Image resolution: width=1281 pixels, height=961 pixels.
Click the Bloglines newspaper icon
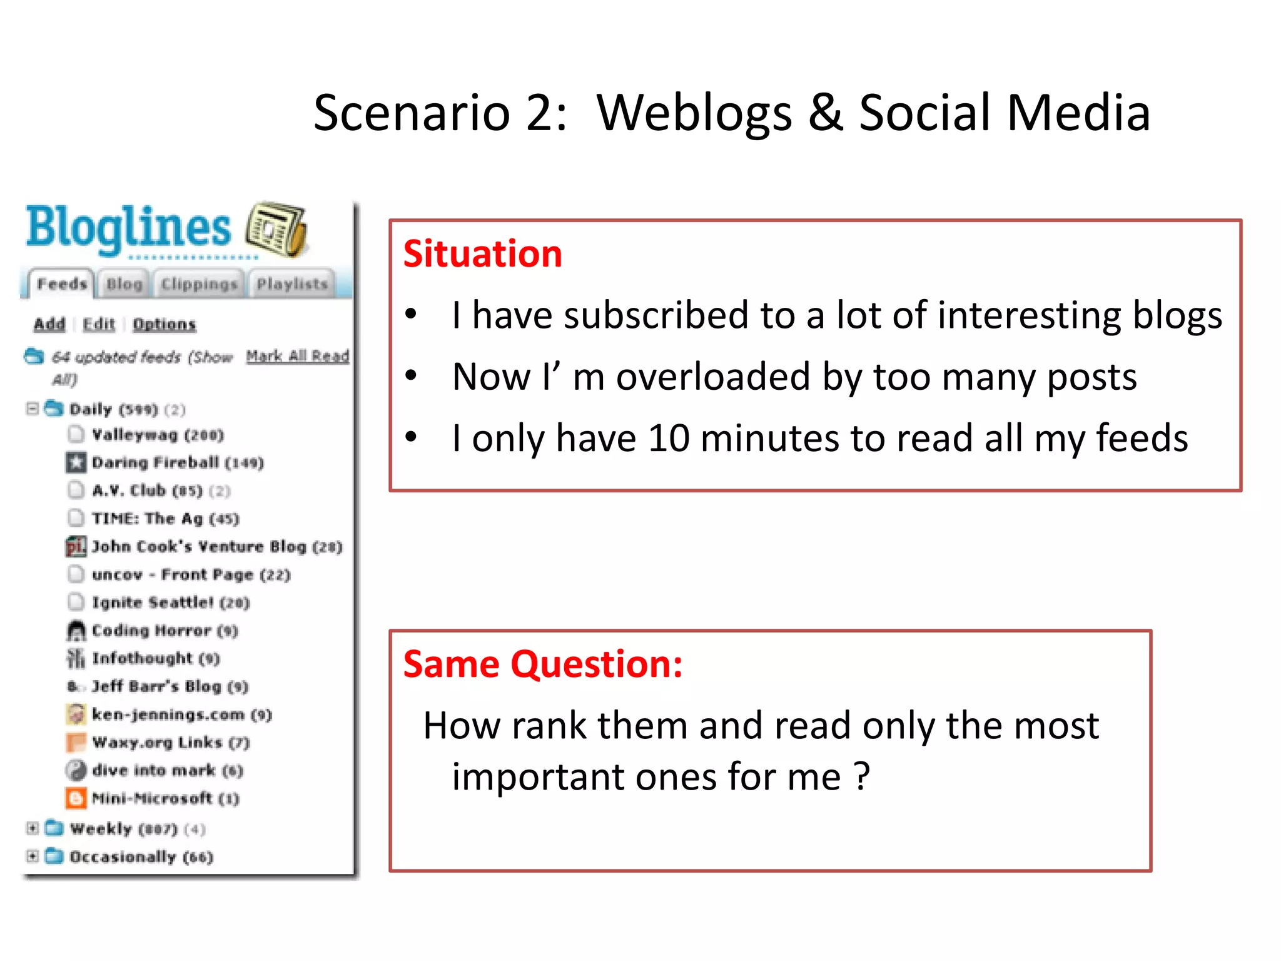[x=276, y=230]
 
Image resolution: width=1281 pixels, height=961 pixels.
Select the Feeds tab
[x=61, y=284]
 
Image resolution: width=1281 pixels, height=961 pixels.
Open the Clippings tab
[x=199, y=285]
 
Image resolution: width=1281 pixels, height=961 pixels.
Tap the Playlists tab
[x=292, y=285]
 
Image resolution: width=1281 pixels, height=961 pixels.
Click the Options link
[x=164, y=324]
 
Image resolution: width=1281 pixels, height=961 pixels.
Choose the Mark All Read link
[x=297, y=356]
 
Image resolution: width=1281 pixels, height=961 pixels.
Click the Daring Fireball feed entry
[x=177, y=463]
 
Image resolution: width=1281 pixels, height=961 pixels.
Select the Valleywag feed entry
[x=157, y=435]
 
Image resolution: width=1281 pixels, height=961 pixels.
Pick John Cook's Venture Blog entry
[x=216, y=547]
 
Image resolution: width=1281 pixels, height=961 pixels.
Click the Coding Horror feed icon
[x=76, y=631]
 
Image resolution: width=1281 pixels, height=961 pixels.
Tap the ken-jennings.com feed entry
[x=181, y=714]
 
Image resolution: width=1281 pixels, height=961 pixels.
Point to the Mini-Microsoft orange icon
[x=76, y=798]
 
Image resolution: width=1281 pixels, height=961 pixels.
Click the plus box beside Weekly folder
[x=33, y=829]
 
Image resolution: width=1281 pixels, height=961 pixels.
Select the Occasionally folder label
[x=141, y=857]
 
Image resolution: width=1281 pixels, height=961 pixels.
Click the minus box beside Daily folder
[x=33, y=409]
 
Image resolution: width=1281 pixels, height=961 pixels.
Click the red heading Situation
[x=482, y=254]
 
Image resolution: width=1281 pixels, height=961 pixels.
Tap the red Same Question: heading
[x=542, y=664]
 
